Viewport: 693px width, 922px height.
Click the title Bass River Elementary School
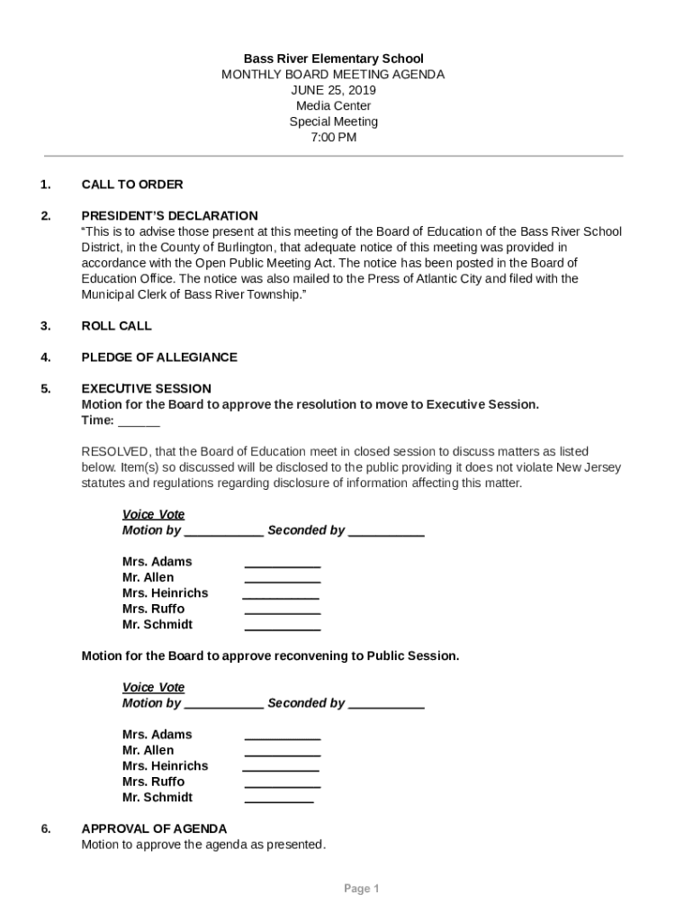pyautogui.click(x=333, y=59)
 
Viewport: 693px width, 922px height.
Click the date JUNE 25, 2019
pyautogui.click(x=333, y=90)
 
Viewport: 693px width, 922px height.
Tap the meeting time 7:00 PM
pyautogui.click(x=333, y=138)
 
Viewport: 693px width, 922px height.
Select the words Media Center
pyautogui.click(x=333, y=106)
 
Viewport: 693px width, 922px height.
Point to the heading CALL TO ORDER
pyautogui.click(x=132, y=185)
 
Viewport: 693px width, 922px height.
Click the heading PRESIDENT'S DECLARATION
pyautogui.click(x=169, y=216)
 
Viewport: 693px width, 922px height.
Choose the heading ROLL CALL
pyautogui.click(x=117, y=326)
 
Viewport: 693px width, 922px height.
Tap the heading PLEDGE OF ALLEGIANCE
pyautogui.click(x=159, y=357)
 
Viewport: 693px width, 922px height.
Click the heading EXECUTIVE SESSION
pyautogui.click(x=147, y=389)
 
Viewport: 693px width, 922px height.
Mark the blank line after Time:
pyautogui.click(x=139, y=421)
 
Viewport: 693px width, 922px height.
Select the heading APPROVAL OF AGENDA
pyautogui.click(x=154, y=828)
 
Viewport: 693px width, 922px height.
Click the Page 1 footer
pyautogui.click(x=361, y=889)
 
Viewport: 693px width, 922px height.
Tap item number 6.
pyautogui.click(x=45, y=828)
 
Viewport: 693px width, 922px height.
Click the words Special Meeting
pyautogui.click(x=333, y=122)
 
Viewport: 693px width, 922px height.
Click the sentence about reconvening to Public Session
pyautogui.click(x=270, y=655)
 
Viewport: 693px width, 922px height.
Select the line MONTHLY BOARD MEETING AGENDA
pyautogui.click(x=333, y=75)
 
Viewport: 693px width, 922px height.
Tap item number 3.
pyautogui.click(x=45, y=326)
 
